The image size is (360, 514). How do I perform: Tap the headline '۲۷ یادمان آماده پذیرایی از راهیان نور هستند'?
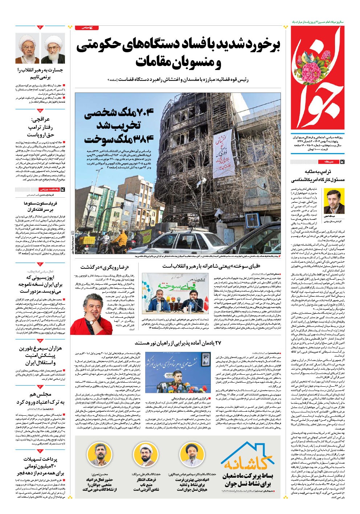click(178, 343)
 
